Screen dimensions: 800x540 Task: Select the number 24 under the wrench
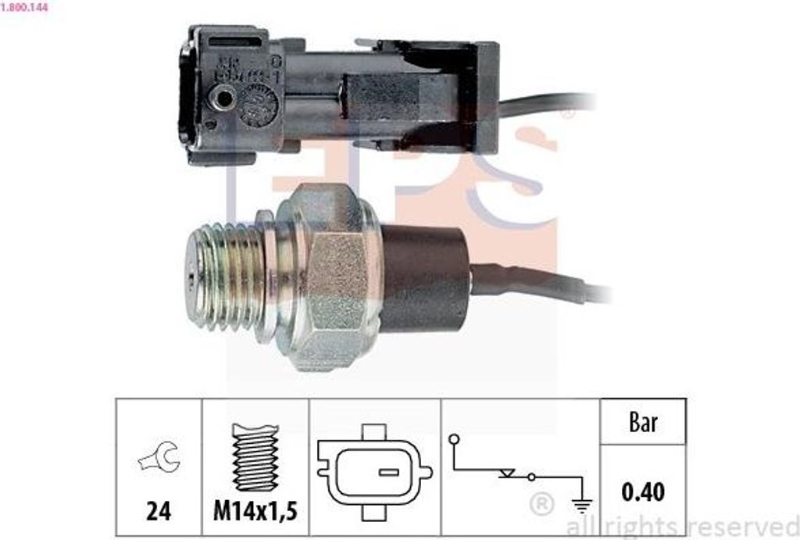159,512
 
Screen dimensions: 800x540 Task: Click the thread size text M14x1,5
255,512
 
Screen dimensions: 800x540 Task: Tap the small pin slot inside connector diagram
388,472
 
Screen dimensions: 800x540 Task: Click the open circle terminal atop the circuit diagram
453,440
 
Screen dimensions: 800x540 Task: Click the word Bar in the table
643,423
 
